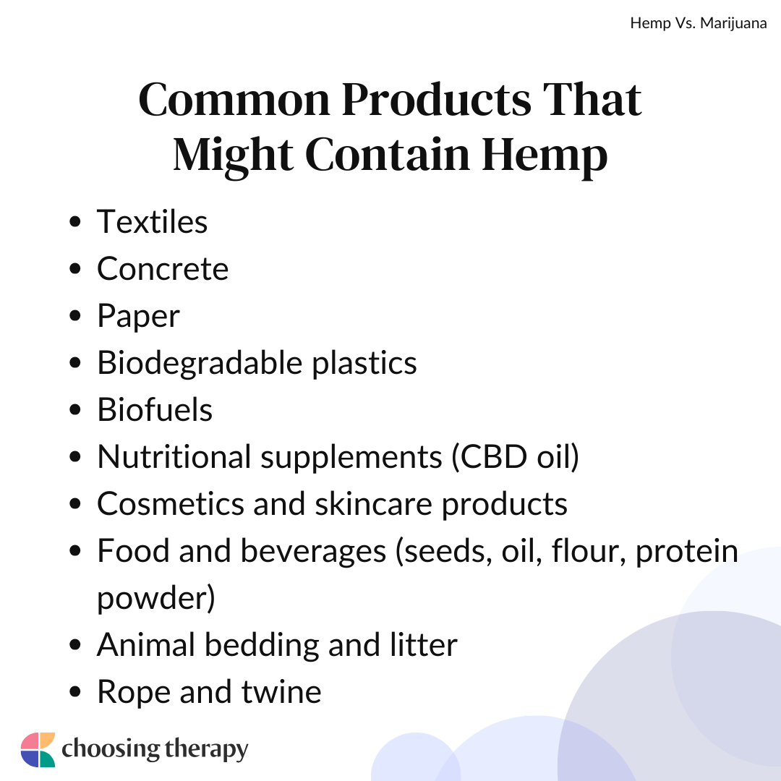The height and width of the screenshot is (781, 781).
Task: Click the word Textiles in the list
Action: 152,222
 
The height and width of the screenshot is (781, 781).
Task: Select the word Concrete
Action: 163,269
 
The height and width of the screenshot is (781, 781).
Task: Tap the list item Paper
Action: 138,317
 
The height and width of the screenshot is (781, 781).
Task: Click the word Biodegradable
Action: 200,362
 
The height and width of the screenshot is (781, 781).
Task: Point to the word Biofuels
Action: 155,410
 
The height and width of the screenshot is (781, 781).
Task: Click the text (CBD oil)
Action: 515,457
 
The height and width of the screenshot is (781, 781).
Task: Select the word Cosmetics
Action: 171,503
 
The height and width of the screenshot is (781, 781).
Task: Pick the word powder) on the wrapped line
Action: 156,598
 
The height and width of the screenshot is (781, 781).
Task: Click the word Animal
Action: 145,645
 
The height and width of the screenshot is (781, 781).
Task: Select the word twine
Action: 281,692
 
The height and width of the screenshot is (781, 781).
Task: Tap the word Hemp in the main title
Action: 545,155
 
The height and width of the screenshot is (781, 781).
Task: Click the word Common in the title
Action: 234,100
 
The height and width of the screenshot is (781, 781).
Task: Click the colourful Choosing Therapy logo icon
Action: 38,750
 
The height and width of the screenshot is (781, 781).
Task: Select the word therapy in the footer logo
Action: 205,750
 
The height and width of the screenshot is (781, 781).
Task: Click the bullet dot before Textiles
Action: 75,222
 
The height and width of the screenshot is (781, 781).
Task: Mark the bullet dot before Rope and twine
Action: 75,692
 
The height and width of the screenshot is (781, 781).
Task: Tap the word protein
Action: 687,551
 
